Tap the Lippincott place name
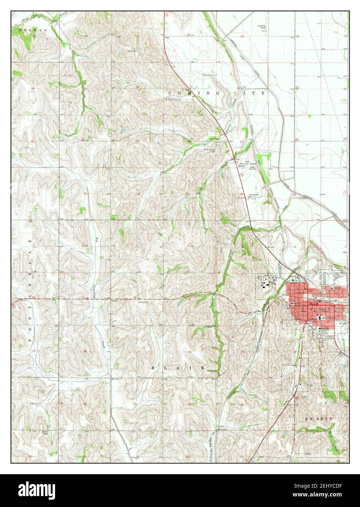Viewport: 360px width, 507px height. (x=173, y=99)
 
